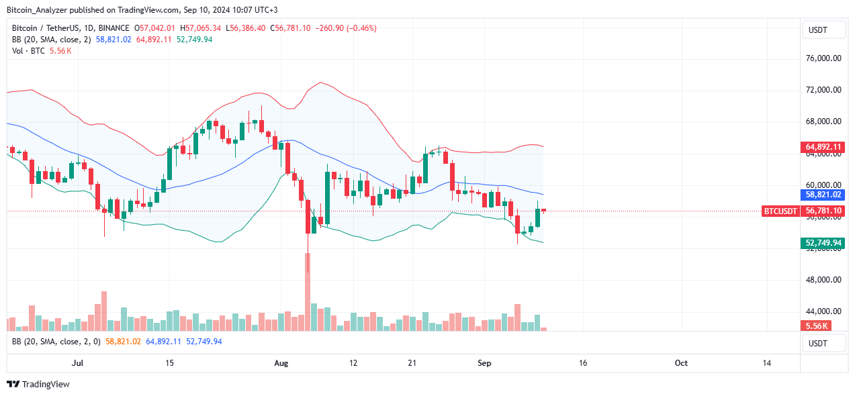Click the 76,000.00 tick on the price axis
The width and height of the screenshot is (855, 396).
click(823, 58)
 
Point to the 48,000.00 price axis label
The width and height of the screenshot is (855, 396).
click(823, 280)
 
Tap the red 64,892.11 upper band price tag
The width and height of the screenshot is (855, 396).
click(823, 146)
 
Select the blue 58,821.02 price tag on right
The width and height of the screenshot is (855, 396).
click(823, 195)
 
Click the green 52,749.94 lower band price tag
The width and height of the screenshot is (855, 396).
click(823, 243)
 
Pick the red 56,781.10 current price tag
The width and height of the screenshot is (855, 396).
click(823, 211)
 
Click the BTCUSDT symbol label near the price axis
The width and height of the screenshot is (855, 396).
click(780, 211)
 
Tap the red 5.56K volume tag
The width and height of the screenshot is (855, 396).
click(817, 326)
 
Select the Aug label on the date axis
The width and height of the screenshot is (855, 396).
click(281, 362)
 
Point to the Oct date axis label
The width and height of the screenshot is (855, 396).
click(681, 362)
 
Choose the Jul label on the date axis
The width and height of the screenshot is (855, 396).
click(77, 362)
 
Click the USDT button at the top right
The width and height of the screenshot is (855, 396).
click(823, 30)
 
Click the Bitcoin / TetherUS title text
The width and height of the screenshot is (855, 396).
click(51, 28)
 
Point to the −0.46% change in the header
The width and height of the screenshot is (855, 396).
click(363, 28)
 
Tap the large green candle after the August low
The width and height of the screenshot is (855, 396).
click(328, 199)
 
